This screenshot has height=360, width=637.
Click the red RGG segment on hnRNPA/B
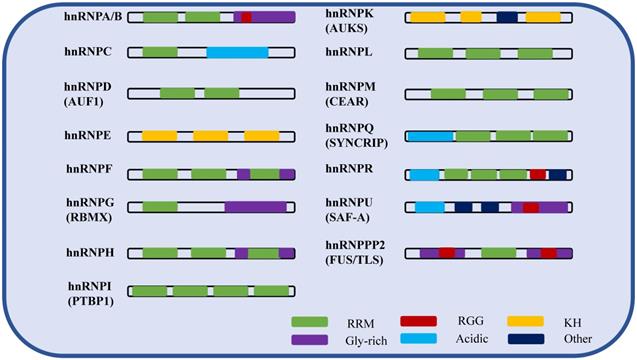(x=246, y=17)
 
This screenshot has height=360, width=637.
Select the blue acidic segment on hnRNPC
(x=237, y=51)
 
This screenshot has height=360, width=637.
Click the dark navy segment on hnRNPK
(x=507, y=17)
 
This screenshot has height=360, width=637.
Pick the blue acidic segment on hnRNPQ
(x=430, y=135)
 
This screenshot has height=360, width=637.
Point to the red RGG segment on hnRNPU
(x=530, y=207)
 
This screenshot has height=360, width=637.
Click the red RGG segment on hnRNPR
(x=538, y=174)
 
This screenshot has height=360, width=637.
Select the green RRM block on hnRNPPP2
(x=497, y=252)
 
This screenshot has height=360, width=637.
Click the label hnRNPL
(x=350, y=50)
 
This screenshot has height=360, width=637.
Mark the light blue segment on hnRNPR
(x=424, y=174)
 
